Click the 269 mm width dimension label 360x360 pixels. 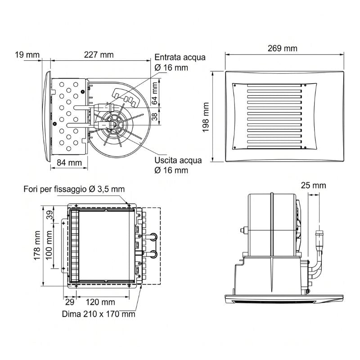click(x=283, y=49)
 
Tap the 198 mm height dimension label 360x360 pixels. click(x=206, y=117)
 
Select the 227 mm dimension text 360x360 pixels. click(x=99, y=55)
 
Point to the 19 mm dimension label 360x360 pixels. click(x=27, y=55)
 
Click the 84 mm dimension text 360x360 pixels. click(x=69, y=163)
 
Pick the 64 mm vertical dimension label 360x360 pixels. click(x=155, y=93)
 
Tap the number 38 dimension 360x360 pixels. click(x=155, y=117)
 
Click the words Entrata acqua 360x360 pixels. click(x=180, y=58)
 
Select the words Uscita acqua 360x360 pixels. click(x=178, y=160)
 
